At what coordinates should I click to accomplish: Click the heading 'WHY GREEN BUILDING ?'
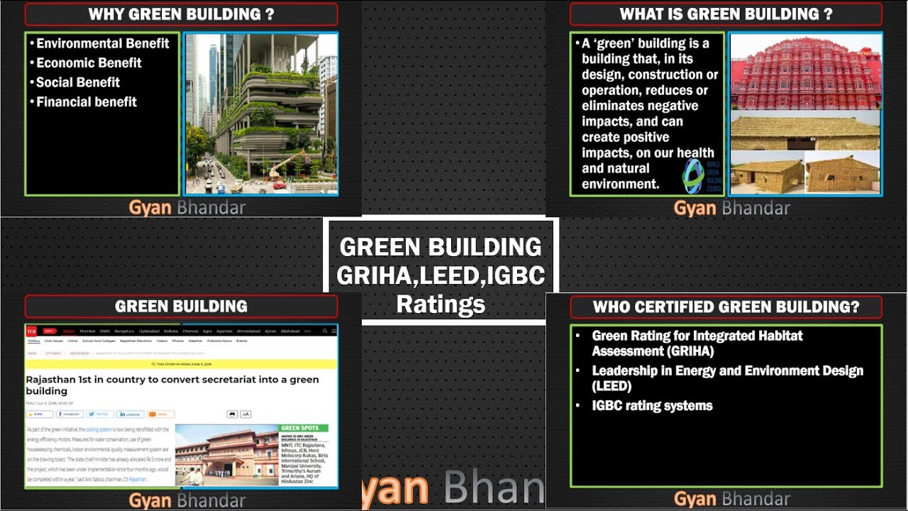[x=181, y=14]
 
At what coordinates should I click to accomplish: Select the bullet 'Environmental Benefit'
[x=103, y=43]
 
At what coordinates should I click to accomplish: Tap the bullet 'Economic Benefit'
[x=89, y=62]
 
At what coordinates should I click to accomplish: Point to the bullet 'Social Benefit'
[x=78, y=82]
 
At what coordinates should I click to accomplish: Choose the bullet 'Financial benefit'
[x=87, y=101]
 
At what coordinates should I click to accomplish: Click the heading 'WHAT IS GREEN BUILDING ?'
[x=726, y=14]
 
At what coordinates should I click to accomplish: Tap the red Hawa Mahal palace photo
[x=806, y=74]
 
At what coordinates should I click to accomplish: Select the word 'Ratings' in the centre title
[x=441, y=304]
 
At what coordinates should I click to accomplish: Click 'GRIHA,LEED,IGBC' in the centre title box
[x=441, y=275]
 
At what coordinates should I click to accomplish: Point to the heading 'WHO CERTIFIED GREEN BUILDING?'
[x=726, y=307]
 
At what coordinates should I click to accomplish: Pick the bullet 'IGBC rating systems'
[x=652, y=406]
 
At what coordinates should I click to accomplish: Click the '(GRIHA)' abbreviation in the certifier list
[x=689, y=351]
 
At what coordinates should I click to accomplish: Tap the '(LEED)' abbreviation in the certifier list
[x=612, y=386]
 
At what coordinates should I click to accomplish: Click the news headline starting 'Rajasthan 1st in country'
[x=172, y=385]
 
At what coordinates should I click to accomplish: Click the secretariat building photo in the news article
[x=226, y=455]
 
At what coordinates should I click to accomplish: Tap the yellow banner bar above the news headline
[x=181, y=364]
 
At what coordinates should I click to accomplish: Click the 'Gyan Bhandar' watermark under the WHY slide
[x=187, y=207]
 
